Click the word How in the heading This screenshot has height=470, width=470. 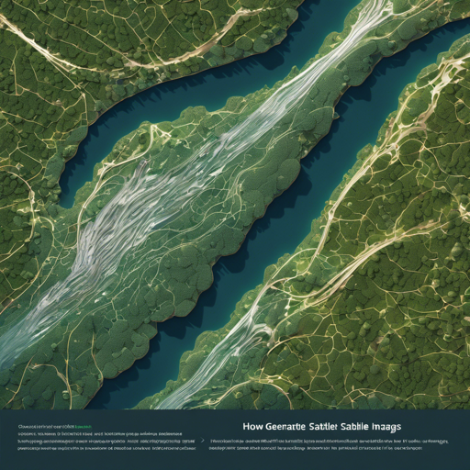pyautogui.click(x=256, y=426)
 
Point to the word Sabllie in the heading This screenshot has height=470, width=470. pyautogui.click(x=378, y=426)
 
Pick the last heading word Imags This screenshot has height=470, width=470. pyautogui.click(x=413, y=426)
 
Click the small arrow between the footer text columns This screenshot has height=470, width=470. pyautogui.click(x=202, y=442)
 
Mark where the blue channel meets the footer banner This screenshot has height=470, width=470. pyautogui.click(x=119, y=404)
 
